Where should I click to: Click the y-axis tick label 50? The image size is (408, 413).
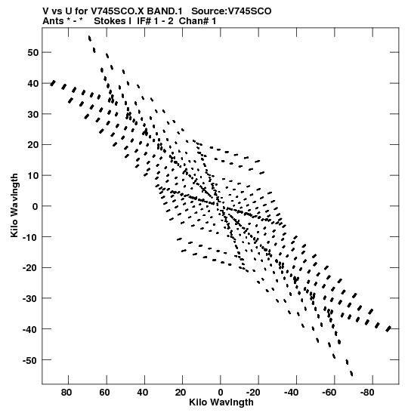32,52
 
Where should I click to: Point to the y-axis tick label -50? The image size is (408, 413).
30,360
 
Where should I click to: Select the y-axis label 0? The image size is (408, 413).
36,206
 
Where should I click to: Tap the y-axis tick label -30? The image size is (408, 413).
30,298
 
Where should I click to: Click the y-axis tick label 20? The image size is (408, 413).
32,145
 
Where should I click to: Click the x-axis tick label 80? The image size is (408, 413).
66,393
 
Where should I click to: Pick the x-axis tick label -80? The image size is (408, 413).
366,393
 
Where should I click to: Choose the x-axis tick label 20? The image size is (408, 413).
181,393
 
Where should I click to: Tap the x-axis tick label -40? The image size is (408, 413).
291,393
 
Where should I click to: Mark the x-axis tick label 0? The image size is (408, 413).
221,393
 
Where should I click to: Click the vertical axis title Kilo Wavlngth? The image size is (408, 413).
14,205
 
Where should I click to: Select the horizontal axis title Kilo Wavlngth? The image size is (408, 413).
221,402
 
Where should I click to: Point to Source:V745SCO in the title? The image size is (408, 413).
231,11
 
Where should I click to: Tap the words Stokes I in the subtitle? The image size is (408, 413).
113,21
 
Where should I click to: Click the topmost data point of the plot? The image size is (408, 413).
90,39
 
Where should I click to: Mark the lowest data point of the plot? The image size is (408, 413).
351,373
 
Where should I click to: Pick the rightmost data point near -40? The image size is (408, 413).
388,328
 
